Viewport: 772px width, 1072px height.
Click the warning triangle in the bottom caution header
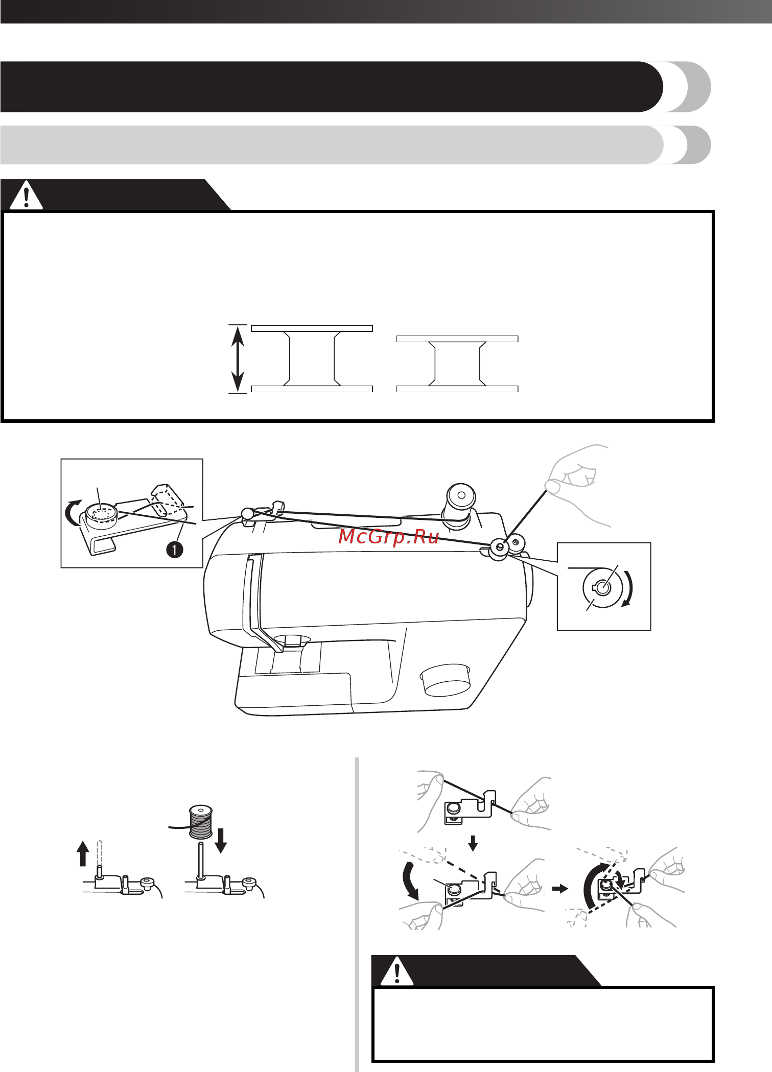(397, 971)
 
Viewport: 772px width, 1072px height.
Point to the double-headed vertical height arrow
(238, 359)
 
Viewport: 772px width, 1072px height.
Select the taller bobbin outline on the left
(312, 359)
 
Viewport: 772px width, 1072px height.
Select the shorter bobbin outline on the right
(457, 364)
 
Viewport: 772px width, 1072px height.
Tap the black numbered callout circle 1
(175, 550)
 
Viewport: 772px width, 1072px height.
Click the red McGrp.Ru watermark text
(388, 537)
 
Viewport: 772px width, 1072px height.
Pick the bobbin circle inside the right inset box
(602, 587)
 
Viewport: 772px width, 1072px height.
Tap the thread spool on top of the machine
(460, 504)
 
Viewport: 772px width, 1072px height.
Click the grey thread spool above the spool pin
(201, 821)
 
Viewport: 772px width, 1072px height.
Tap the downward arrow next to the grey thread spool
(221, 841)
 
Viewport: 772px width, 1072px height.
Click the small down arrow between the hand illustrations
(473, 843)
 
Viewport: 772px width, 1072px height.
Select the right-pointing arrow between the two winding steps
(560, 889)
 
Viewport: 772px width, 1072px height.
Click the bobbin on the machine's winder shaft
(499, 550)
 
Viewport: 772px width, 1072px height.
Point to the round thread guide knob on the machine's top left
(247, 513)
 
